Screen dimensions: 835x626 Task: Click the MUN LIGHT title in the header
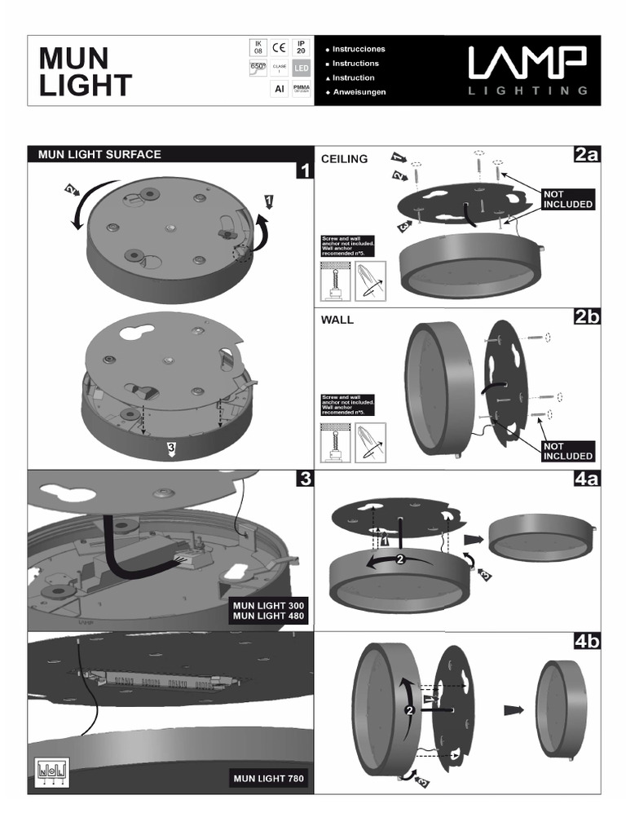point(86,72)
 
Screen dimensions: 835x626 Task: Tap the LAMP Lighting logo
point(527,70)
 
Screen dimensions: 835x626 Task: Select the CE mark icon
point(280,48)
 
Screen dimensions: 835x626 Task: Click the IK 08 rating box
point(258,48)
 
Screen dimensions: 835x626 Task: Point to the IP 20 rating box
point(301,48)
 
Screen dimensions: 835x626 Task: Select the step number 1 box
point(304,170)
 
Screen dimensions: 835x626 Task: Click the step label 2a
point(586,156)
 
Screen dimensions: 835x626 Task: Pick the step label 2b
point(586,316)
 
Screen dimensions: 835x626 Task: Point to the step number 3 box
point(304,479)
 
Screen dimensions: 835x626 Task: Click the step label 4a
point(586,479)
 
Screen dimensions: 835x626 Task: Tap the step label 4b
point(586,641)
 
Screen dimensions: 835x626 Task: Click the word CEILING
point(345,159)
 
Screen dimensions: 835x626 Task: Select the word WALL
point(337,320)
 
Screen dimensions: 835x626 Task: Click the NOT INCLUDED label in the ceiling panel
point(567,199)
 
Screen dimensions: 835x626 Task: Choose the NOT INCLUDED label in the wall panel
point(567,451)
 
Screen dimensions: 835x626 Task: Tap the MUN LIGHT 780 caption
point(269,780)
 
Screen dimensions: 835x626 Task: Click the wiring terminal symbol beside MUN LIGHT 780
point(51,770)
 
